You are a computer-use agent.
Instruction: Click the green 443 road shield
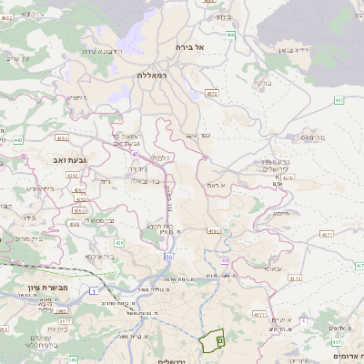point(17,140)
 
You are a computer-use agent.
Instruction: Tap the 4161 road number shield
point(61,137)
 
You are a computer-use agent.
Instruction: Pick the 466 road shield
point(231,35)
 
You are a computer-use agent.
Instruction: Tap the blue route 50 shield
point(169,257)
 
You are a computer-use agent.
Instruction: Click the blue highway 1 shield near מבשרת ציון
point(94,289)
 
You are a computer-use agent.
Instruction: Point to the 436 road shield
point(119,243)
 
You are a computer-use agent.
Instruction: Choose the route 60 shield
point(224,261)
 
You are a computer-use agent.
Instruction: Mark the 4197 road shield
point(214,232)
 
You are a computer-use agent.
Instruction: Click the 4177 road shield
point(258,315)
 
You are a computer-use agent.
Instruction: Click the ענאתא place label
point(272,268)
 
